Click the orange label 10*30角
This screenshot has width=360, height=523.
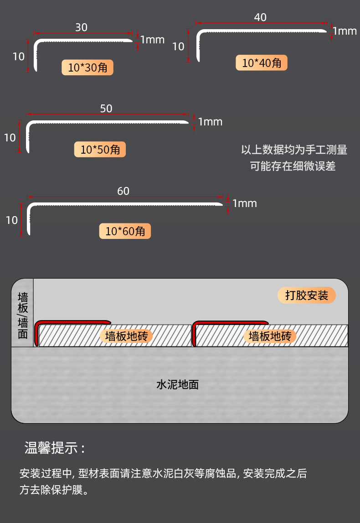click(x=87, y=67)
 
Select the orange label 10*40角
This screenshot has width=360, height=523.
click(x=262, y=62)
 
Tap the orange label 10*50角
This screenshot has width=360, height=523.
click(x=100, y=149)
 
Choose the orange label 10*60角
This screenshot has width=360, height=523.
click(x=125, y=231)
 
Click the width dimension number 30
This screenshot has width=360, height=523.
click(x=81, y=27)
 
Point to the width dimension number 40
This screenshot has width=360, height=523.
click(x=260, y=17)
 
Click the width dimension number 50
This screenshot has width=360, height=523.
click(x=106, y=109)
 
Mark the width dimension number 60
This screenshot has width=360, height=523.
click(x=123, y=191)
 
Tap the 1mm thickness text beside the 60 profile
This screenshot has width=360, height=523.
click(x=245, y=203)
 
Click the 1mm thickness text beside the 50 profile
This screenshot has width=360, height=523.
click(x=210, y=122)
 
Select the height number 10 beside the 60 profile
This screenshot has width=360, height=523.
click(x=12, y=220)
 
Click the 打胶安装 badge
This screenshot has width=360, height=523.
click(x=307, y=295)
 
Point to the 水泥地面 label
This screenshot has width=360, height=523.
click(x=178, y=385)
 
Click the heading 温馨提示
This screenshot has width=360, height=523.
click(x=55, y=448)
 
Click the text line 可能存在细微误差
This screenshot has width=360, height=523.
click(x=293, y=166)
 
